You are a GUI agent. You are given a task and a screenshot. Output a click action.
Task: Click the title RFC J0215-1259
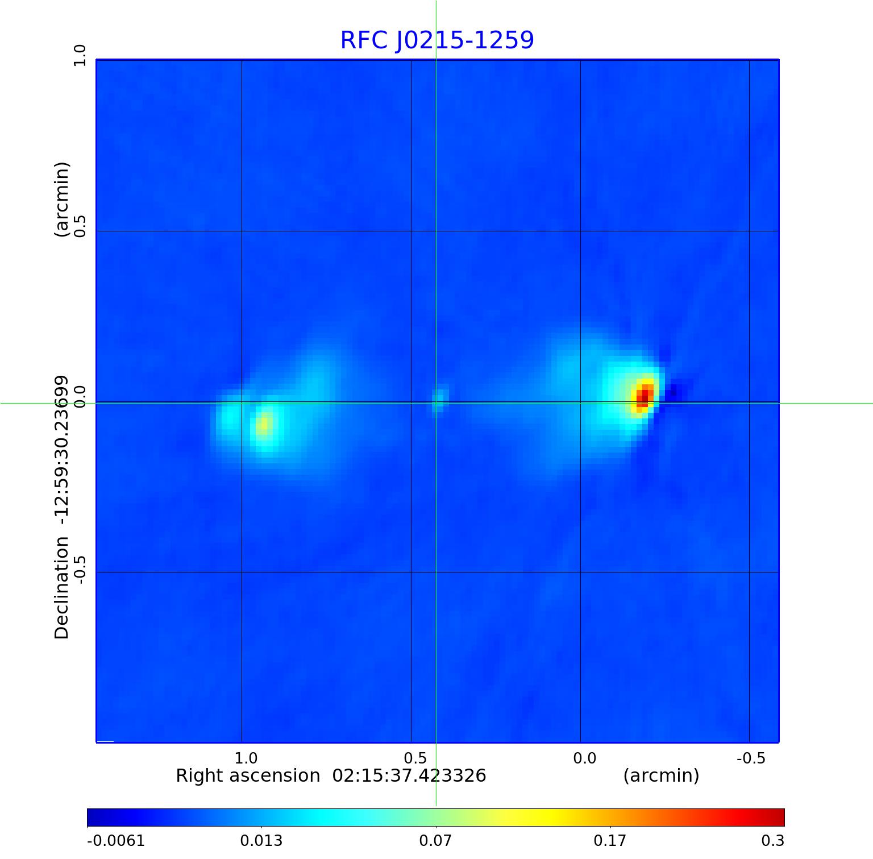pyautogui.click(x=437, y=40)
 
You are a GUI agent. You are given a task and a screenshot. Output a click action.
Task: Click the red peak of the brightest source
pyautogui.click(x=643, y=396)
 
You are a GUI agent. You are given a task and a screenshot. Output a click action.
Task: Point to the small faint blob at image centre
pyautogui.click(x=438, y=400)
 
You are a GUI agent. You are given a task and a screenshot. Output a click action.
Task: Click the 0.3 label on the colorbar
pyautogui.click(x=772, y=840)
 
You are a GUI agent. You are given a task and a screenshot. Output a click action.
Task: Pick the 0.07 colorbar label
pyautogui.click(x=435, y=840)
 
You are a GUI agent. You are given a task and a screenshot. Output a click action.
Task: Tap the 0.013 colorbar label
pyautogui.click(x=261, y=840)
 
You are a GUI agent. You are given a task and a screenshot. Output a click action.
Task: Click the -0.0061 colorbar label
pyautogui.click(x=116, y=840)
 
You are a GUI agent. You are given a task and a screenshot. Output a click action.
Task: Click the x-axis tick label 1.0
pyautogui.click(x=246, y=758)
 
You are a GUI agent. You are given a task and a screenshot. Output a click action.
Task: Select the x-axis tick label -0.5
pyautogui.click(x=751, y=758)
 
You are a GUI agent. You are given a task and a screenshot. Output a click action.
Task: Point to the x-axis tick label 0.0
pyautogui.click(x=584, y=758)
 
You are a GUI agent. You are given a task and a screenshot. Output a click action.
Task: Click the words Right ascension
pyautogui.click(x=248, y=776)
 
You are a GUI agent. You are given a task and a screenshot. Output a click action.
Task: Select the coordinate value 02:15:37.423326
pyautogui.click(x=409, y=776)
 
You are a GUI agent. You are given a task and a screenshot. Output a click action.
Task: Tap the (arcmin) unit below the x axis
pyautogui.click(x=661, y=776)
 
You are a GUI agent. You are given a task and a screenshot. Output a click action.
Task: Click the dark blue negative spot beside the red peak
pyautogui.click(x=674, y=392)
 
